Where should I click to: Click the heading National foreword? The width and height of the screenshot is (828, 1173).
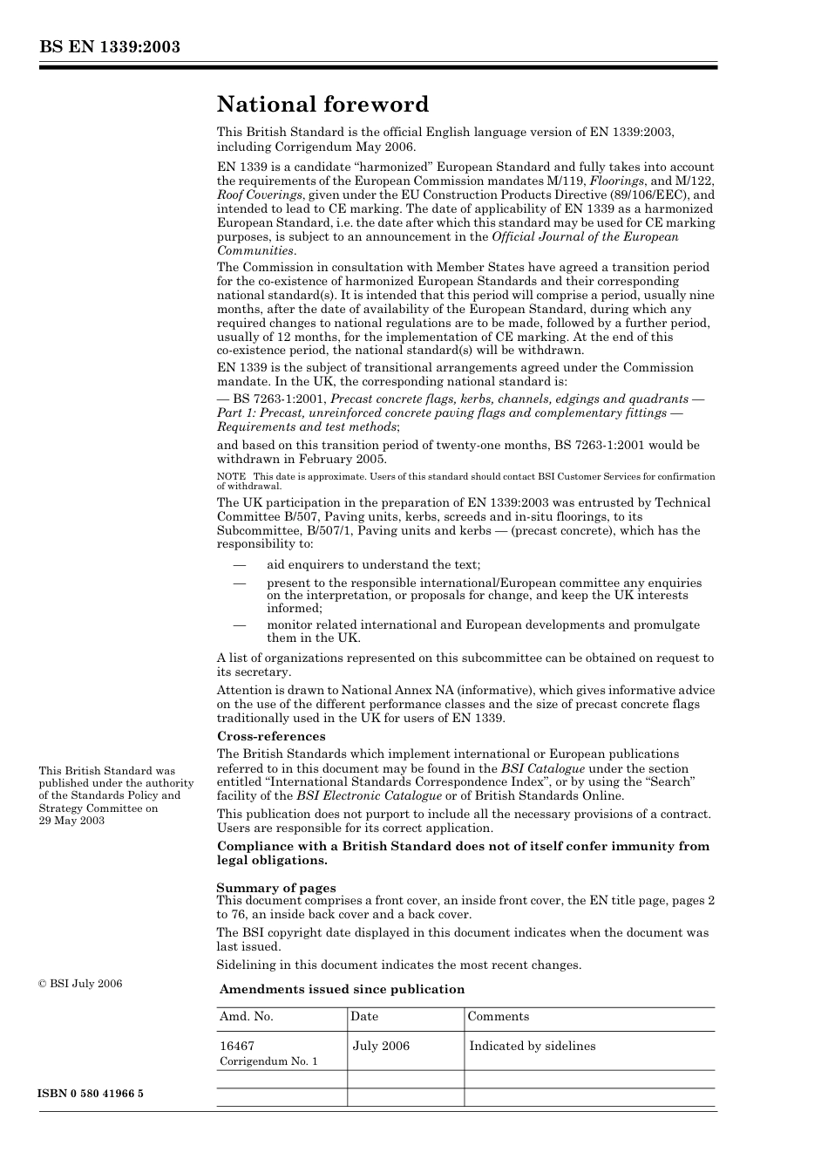(x=322, y=105)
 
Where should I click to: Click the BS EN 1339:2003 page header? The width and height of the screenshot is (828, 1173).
(x=109, y=47)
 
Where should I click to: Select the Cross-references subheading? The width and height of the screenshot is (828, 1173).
(x=270, y=736)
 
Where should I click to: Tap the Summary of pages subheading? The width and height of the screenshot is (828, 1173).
(x=276, y=888)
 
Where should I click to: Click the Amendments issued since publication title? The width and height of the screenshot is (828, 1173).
(x=342, y=989)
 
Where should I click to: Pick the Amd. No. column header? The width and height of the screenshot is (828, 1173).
(x=247, y=1017)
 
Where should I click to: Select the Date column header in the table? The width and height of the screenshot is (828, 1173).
(x=364, y=1017)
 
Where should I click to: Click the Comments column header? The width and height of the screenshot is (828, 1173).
(x=498, y=1017)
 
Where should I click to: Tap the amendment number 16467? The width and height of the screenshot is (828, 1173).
(x=237, y=1046)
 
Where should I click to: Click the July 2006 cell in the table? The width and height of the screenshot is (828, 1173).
(x=381, y=1046)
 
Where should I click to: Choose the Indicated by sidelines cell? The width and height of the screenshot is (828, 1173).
(x=532, y=1046)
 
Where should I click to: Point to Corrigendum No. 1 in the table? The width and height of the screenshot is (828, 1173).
(x=268, y=1061)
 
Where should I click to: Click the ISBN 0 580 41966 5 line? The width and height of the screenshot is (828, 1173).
(x=91, y=1094)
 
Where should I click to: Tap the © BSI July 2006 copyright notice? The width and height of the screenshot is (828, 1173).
(x=80, y=984)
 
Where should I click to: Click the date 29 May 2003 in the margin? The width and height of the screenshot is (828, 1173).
(x=71, y=821)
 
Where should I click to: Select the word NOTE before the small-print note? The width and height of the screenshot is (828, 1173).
(x=231, y=476)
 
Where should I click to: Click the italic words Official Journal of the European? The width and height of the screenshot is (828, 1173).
(x=585, y=236)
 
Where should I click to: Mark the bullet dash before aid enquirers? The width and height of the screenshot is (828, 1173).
(x=238, y=565)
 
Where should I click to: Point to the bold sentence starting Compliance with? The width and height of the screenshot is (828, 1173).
(x=463, y=853)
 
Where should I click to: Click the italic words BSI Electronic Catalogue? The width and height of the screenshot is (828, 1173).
(x=369, y=795)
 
